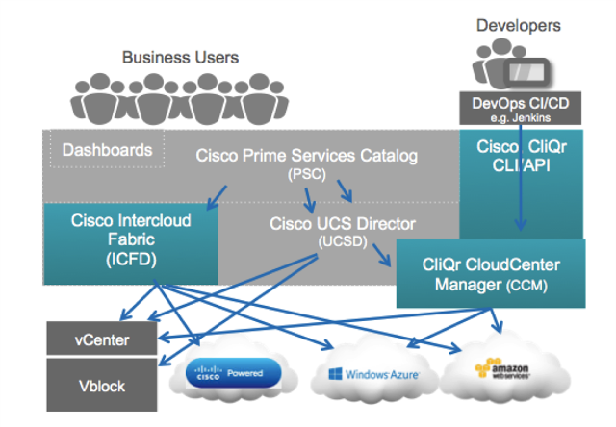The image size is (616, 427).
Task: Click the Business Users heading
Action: pyautogui.click(x=180, y=58)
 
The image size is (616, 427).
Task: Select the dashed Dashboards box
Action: pyautogui.click(x=107, y=150)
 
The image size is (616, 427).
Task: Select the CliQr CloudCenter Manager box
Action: pyautogui.click(x=490, y=273)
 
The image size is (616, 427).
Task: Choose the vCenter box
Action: pyautogui.click(x=101, y=339)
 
